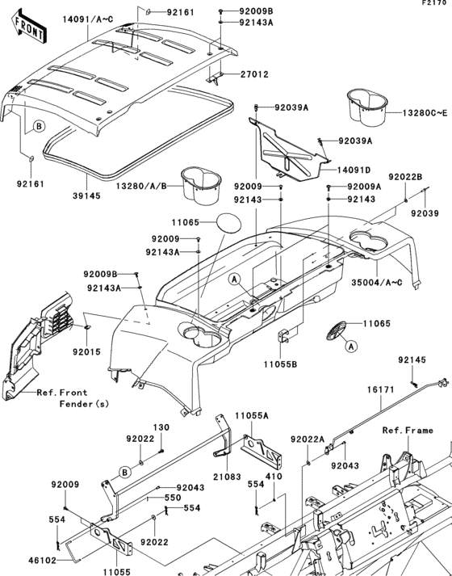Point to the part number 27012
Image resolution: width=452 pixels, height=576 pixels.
coord(253,74)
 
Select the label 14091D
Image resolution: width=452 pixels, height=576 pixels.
coord(354,170)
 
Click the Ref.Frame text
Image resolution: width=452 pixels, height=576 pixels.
coord(408,431)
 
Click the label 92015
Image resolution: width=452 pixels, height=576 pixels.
coord(87,352)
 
